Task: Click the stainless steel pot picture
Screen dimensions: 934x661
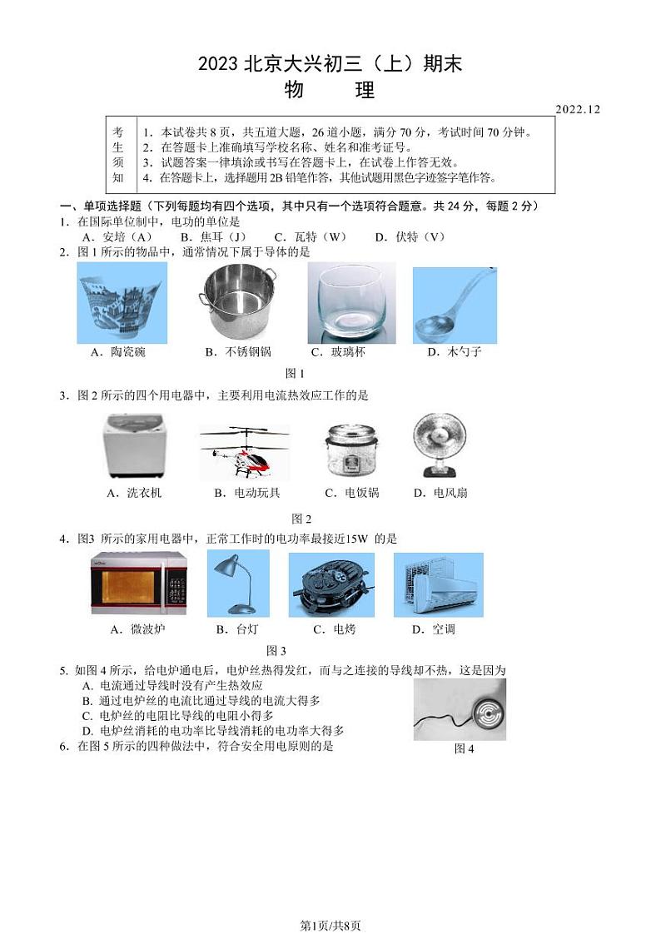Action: point(238,301)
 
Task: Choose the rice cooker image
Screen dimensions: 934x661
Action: point(350,449)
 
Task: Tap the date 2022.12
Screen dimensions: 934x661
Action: point(577,109)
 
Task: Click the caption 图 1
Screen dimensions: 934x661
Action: point(295,374)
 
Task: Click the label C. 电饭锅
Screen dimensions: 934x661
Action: point(350,493)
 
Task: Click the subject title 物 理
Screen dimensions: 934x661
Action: point(330,90)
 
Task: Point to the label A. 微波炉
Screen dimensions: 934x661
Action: point(137,629)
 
